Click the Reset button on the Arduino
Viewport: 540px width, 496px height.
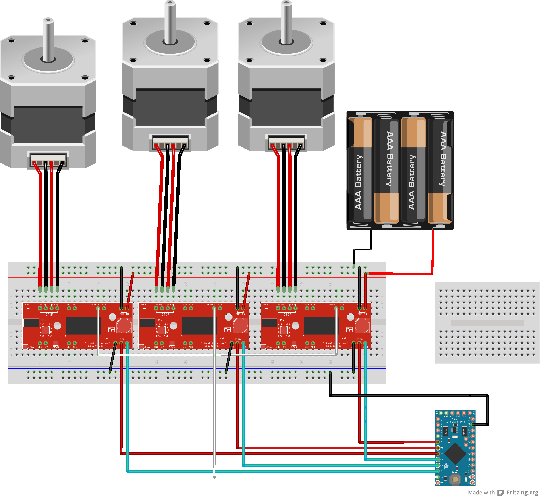pyautogui.click(x=455, y=479)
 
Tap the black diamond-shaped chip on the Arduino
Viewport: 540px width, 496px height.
pyautogui.click(x=455, y=454)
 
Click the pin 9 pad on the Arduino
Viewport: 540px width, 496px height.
pyautogui.click(x=438, y=483)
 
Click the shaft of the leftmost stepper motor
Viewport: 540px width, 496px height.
pyautogui.click(x=48, y=40)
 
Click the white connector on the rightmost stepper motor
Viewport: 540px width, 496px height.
pyautogui.click(x=286, y=142)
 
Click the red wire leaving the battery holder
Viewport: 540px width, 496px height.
pyautogui.click(x=433, y=252)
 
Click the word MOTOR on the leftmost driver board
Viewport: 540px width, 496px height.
pyautogui.click(x=48, y=314)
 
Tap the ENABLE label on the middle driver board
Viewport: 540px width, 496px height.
pyautogui.click(x=211, y=305)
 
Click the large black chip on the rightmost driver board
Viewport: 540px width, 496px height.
pyautogui.click(x=321, y=325)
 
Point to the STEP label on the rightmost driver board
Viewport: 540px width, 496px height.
pyautogui.click(x=359, y=340)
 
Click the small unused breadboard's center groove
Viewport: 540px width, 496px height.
pyautogui.click(x=487, y=323)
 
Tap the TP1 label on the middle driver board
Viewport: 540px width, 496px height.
pyautogui.click(x=159, y=320)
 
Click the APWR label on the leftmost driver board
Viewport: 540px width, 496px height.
pyautogui.click(x=56, y=347)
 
